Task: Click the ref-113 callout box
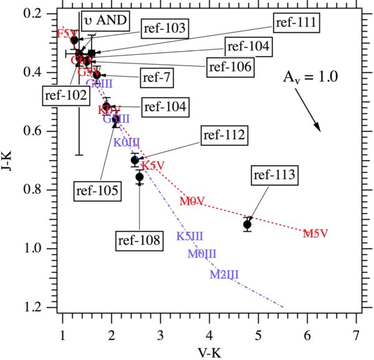pyautogui.click(x=274, y=177)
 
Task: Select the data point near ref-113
pyautogui.click(x=247, y=224)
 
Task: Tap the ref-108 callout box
pyautogui.click(x=140, y=238)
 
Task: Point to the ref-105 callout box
pyautogui.click(x=97, y=189)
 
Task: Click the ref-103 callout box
pyautogui.click(x=166, y=28)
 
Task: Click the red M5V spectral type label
pyautogui.click(x=315, y=234)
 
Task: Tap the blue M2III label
pyautogui.click(x=224, y=273)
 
